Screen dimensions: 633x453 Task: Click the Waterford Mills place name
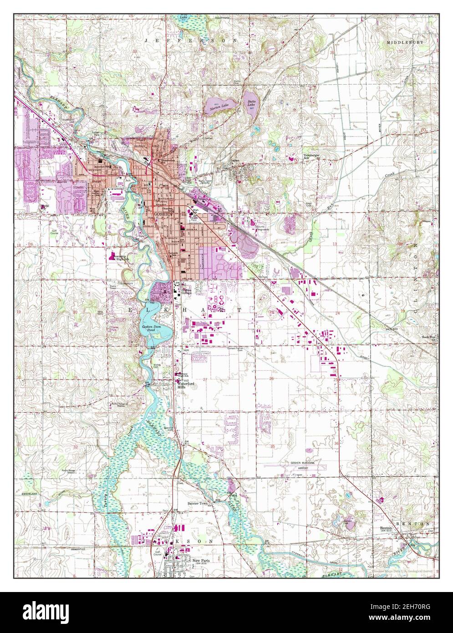coord(185,385)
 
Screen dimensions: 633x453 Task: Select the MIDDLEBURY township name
coord(405,42)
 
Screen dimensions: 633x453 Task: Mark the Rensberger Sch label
coord(313,156)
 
